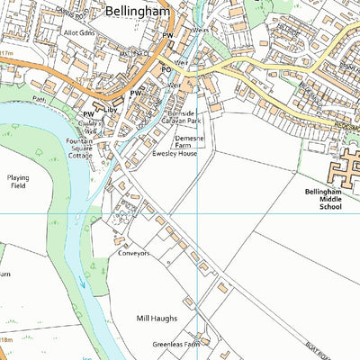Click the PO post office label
coord(165,69)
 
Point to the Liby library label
coord(111,110)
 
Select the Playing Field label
coord(18,182)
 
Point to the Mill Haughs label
coord(157,319)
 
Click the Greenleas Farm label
coord(175,344)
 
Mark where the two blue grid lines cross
coord(197,213)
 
